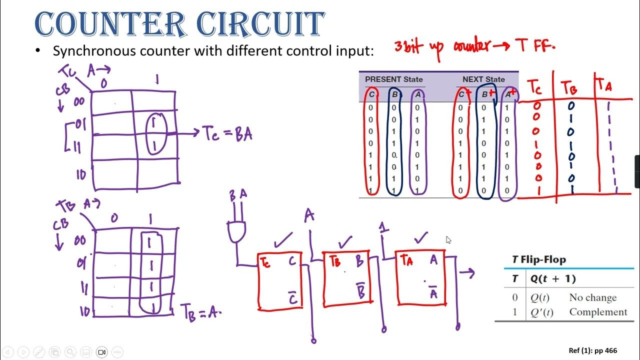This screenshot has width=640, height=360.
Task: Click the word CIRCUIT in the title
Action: point(259,24)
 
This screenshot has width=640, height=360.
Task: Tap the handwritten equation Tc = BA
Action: point(227,134)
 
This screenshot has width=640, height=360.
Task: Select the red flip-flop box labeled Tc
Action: point(280,281)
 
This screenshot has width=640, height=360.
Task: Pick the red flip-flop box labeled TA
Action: point(421,279)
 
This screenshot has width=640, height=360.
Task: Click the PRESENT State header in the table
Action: point(393,79)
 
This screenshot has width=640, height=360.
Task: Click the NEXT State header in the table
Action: point(483,79)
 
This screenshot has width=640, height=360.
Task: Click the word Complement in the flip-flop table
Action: point(598,311)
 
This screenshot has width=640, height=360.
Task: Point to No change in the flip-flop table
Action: point(592,297)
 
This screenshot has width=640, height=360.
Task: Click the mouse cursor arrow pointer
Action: point(448,240)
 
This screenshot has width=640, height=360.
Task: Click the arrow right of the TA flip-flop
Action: point(467,273)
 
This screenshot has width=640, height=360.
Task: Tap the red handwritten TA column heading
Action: point(604,86)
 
